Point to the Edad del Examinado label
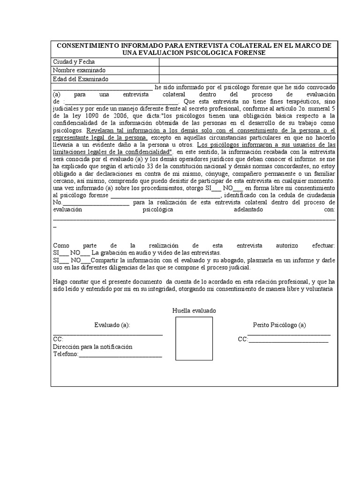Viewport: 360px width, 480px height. (81, 79)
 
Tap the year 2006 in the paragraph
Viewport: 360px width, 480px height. (121, 116)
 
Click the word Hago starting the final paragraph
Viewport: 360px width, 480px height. (60, 282)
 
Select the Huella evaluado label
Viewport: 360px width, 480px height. (194, 311)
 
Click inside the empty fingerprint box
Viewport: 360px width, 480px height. (194, 338)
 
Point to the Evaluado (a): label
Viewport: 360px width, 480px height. (112, 325)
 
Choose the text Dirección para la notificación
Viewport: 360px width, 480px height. (93, 347)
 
